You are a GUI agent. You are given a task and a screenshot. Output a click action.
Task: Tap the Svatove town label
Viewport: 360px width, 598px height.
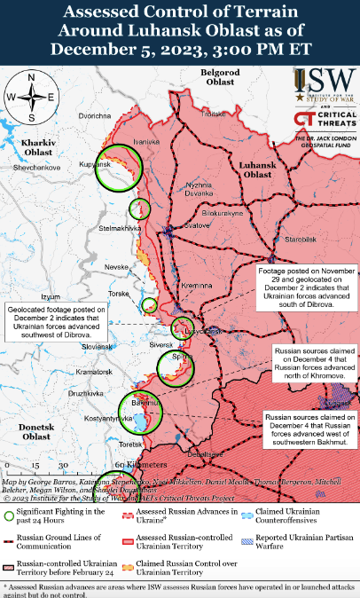[x=184, y=225]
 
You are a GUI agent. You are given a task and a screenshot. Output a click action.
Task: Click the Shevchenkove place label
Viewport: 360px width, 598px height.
[x=35, y=167]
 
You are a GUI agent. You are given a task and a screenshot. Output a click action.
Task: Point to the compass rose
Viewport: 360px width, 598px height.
[x=31, y=98]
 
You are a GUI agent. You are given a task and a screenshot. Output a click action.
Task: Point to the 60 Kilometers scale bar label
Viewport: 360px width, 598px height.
[x=134, y=464]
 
